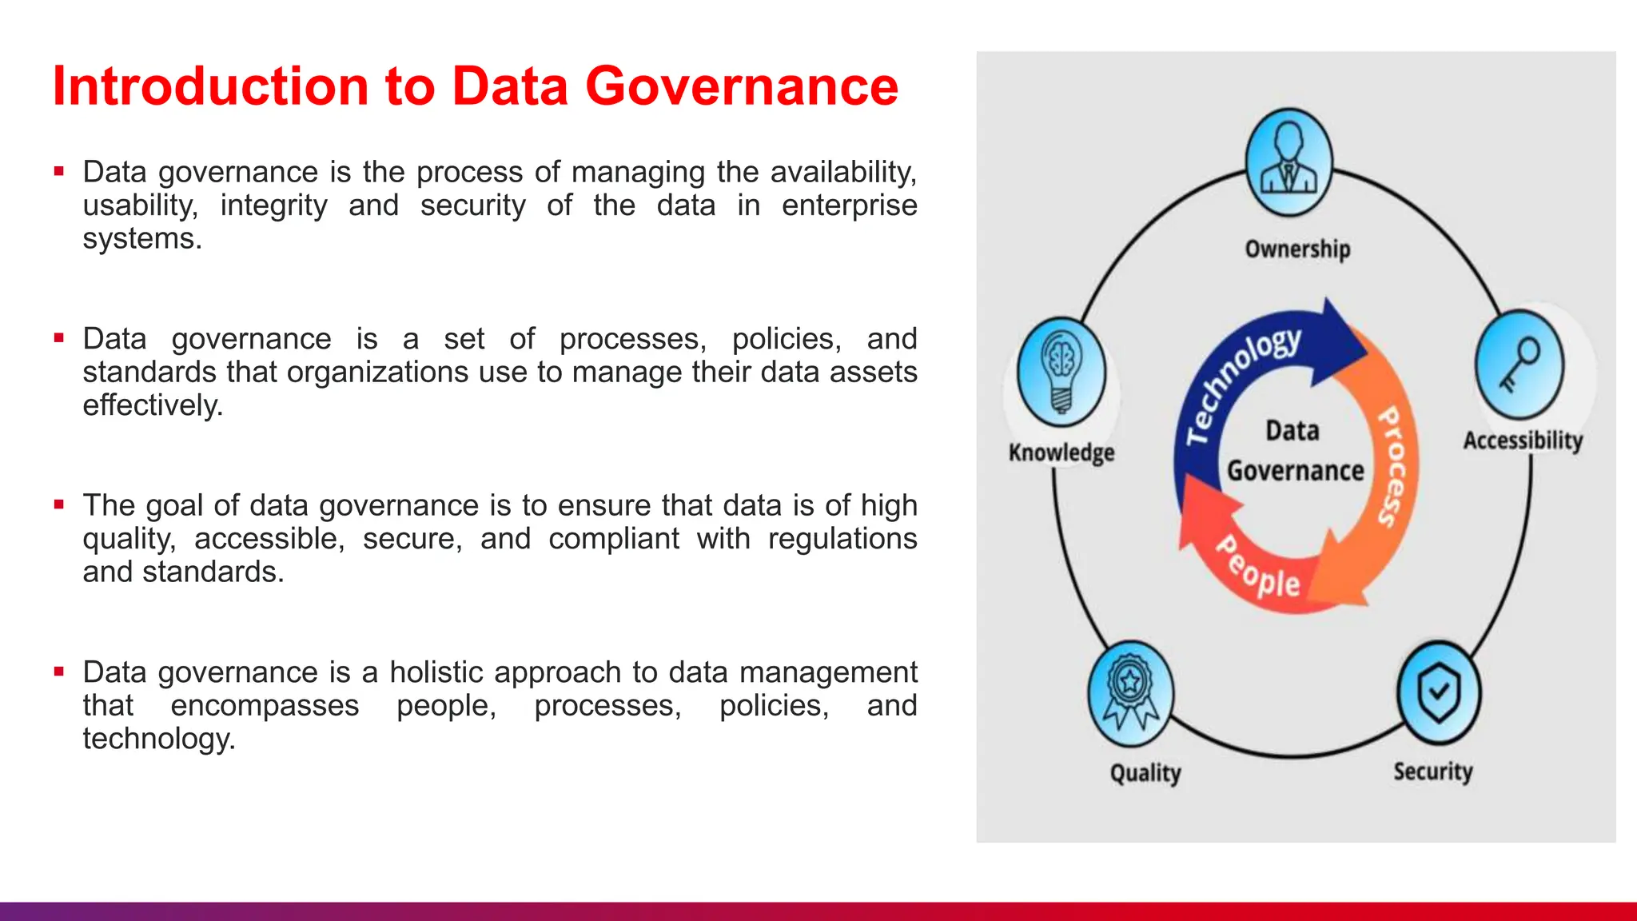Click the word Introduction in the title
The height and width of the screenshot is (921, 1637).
209,86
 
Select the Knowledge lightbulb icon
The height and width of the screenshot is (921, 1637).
1061,372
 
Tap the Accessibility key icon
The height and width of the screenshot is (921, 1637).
1519,365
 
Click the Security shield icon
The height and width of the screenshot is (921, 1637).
1439,692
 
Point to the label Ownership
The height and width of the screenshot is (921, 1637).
1297,249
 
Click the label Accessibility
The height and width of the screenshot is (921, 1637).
1523,441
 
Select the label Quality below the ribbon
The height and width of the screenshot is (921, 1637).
1145,773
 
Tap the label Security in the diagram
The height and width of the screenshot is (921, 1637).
1433,771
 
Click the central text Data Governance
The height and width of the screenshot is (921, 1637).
1295,452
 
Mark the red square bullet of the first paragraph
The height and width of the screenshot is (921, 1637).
59,171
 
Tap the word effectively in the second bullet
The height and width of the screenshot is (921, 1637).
153,405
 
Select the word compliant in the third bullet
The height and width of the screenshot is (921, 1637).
614,539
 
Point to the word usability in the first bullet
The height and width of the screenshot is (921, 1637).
140,205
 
